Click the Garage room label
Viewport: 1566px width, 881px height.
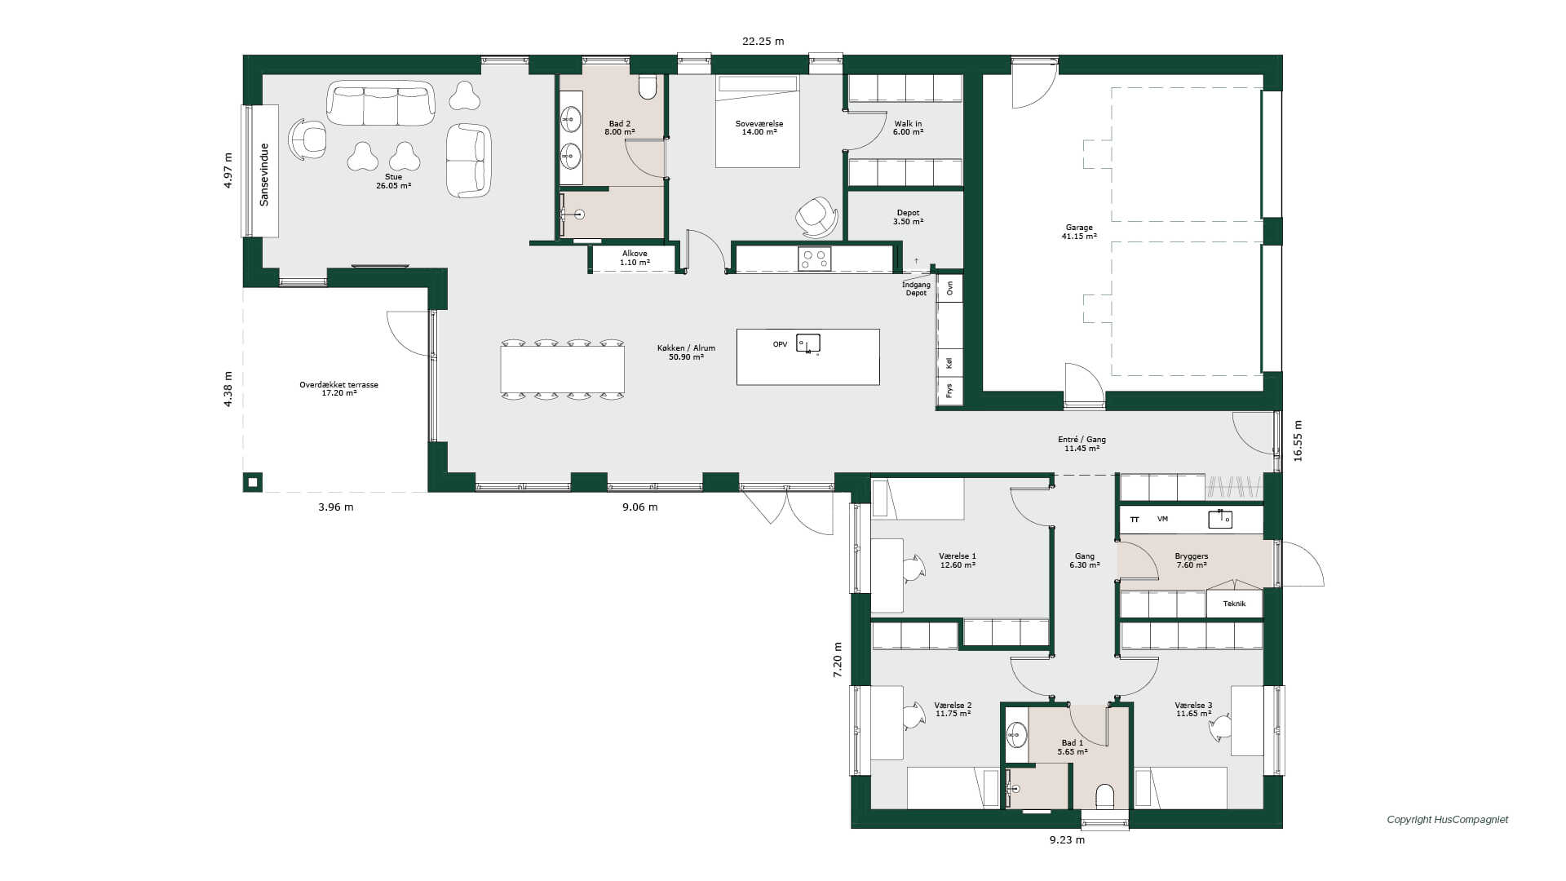[1079, 232]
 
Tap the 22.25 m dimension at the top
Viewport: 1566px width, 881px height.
[763, 41]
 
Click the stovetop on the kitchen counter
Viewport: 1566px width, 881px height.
[814, 259]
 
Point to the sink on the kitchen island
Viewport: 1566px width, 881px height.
[807, 343]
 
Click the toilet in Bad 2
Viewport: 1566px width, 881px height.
[648, 86]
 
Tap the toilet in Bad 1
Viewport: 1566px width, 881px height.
[1105, 796]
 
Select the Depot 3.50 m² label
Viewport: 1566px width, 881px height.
[908, 217]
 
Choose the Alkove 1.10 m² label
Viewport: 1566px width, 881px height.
[635, 258]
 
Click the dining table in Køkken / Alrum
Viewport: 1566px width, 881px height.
[563, 370]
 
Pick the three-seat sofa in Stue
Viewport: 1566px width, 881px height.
[381, 103]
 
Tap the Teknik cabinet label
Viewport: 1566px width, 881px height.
[1234, 604]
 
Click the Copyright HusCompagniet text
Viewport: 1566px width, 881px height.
[1448, 820]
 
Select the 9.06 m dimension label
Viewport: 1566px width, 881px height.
[639, 507]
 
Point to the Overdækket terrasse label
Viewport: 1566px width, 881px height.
[338, 388]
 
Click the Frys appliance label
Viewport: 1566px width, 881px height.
[949, 392]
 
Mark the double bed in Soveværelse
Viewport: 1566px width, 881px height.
[758, 122]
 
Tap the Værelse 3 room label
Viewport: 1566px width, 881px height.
[1193, 710]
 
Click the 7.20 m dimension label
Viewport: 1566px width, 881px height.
[838, 660]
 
